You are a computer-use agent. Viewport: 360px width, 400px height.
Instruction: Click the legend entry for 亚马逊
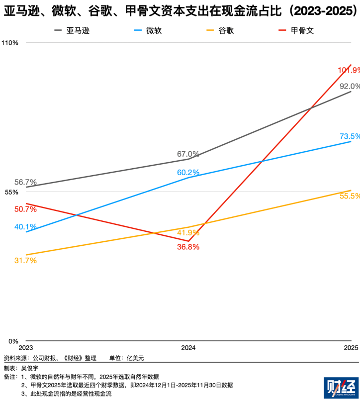(x=72, y=31)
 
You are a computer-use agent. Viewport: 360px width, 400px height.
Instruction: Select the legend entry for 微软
(x=148, y=31)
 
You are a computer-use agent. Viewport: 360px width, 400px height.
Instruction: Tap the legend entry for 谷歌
(x=220, y=31)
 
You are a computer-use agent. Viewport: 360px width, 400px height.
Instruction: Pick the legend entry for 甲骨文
(x=296, y=31)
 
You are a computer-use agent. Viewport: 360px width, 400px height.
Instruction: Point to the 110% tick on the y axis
(x=9, y=43)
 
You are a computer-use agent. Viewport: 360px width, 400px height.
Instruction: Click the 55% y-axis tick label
(x=11, y=192)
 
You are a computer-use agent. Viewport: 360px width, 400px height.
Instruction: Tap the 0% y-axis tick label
(x=13, y=341)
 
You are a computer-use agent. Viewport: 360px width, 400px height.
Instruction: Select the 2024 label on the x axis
(x=188, y=348)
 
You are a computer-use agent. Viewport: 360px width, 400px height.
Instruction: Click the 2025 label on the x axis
(x=351, y=348)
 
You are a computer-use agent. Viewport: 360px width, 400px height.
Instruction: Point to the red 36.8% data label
(x=188, y=247)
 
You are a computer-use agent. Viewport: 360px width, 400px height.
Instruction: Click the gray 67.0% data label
(x=188, y=154)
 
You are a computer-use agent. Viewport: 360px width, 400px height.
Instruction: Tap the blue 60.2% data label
(x=188, y=173)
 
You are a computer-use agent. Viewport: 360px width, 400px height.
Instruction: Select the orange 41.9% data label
(x=188, y=233)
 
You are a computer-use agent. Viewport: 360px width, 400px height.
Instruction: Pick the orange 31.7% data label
(x=25, y=261)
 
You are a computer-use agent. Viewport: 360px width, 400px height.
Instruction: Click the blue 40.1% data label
(x=25, y=226)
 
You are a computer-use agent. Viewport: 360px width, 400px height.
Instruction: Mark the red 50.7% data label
(x=25, y=209)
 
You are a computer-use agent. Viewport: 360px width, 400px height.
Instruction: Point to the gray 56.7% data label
(x=25, y=182)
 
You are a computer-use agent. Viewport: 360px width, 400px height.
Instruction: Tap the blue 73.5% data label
(x=350, y=136)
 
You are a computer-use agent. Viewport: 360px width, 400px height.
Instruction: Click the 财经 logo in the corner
(x=341, y=388)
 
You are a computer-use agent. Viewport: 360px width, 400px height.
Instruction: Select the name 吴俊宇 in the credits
(x=30, y=368)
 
